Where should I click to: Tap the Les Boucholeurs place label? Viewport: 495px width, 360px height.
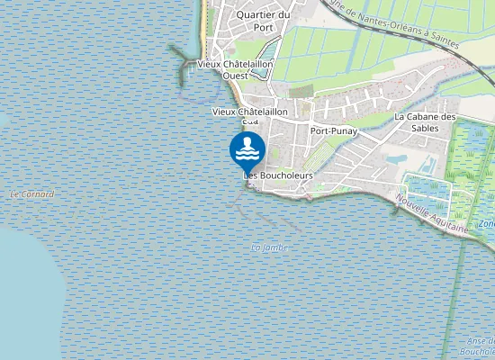279,175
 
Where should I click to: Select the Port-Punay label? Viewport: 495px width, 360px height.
334,131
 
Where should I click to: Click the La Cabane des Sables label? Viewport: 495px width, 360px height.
426,122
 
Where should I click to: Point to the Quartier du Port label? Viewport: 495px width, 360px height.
262,21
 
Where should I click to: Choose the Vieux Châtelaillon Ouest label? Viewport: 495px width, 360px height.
229,70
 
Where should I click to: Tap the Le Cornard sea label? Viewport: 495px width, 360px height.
31,194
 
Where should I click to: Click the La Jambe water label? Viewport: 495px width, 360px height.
268,247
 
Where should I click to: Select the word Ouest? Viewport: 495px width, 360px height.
236,76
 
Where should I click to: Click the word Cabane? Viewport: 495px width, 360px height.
432,117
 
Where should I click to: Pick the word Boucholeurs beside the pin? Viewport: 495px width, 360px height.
285,175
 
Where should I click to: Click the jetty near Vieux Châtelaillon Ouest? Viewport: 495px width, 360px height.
186,62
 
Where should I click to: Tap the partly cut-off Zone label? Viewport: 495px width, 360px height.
487,223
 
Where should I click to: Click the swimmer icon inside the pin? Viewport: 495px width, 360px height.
247,148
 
